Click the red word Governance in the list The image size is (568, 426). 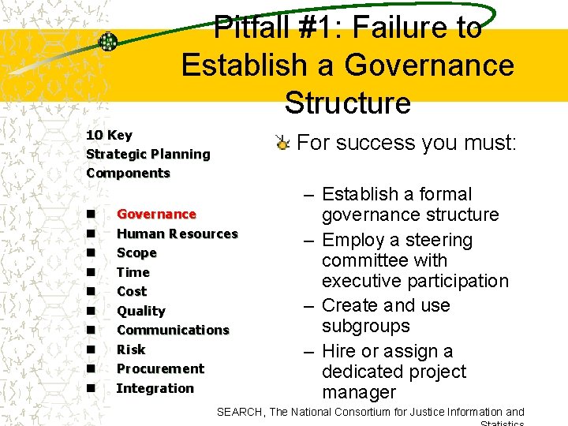[x=156, y=214]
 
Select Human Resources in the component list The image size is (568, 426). [x=177, y=234]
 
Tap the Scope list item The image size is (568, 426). [x=136, y=252]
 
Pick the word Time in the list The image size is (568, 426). [x=133, y=272]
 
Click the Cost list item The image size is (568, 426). [x=132, y=291]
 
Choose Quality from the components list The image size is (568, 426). [x=140, y=311]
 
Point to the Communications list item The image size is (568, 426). [x=173, y=330]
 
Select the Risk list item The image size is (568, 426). [x=131, y=349]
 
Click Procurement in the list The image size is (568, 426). [x=160, y=368]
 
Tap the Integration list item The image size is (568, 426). [x=155, y=388]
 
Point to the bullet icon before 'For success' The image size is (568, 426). [x=282, y=143]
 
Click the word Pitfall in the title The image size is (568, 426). [x=255, y=28]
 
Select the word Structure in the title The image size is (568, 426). [x=348, y=103]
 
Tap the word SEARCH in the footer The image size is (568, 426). [x=240, y=412]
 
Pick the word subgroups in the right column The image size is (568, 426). [x=365, y=326]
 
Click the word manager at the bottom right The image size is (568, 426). [x=359, y=392]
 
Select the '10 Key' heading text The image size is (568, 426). [x=109, y=135]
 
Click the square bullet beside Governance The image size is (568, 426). [x=92, y=214]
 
